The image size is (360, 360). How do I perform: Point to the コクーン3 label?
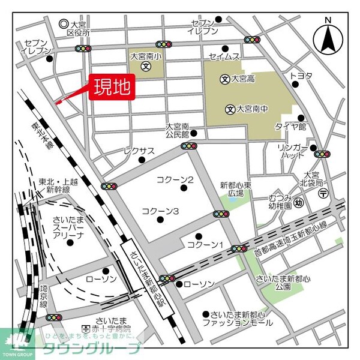(x=161, y=211)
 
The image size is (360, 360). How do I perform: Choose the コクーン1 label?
(x=205, y=245)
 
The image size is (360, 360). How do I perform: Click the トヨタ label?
(x=301, y=76)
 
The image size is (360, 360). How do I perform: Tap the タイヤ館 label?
(x=290, y=127)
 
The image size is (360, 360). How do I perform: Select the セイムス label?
(x=224, y=56)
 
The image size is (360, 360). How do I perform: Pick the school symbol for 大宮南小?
(x=145, y=67)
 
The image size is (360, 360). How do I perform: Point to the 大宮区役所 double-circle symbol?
(x=64, y=24)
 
